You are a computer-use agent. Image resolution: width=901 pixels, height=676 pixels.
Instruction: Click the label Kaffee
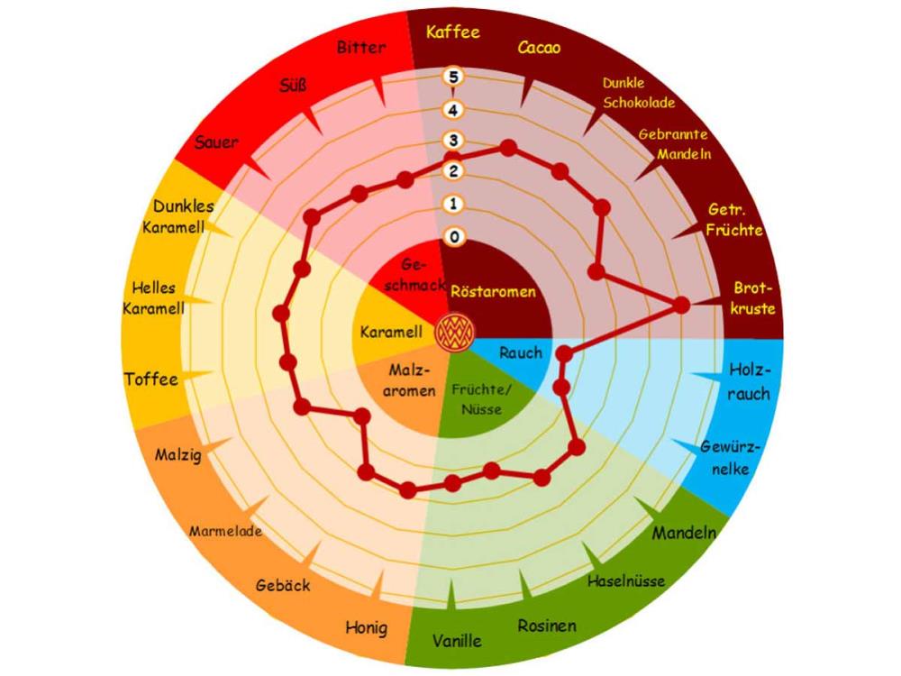[x=453, y=32]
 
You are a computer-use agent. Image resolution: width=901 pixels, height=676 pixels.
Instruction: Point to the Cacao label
[x=539, y=48]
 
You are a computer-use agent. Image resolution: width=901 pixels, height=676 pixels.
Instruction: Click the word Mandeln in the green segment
[x=684, y=533]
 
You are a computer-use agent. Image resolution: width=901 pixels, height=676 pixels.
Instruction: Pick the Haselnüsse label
[x=626, y=581]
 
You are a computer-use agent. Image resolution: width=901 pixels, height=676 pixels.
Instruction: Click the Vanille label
[x=457, y=642]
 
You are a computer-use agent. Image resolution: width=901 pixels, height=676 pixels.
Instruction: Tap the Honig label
[x=367, y=627]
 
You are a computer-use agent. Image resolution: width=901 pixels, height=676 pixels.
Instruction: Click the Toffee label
[x=151, y=379]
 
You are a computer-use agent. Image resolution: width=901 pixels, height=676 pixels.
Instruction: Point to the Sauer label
[x=216, y=142]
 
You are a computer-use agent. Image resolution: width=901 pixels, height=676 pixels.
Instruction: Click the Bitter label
[x=361, y=47]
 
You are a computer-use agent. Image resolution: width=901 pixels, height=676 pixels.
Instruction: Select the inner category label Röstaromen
[x=493, y=292]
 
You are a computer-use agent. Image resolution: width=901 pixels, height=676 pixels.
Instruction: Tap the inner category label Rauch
[x=520, y=352]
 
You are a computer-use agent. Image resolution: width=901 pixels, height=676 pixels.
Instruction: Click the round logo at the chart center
[x=453, y=333]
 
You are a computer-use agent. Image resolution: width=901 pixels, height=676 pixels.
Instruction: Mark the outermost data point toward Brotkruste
[x=682, y=306]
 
